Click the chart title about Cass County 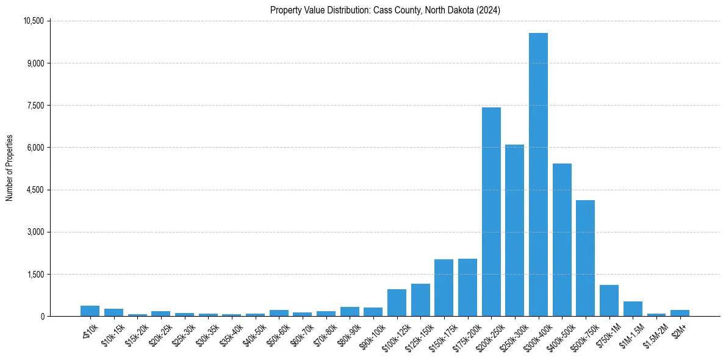(x=385, y=10)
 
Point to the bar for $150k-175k (x=444, y=287)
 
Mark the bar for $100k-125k (x=397, y=303)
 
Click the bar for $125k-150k (x=420, y=300)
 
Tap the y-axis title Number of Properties (x=10, y=168)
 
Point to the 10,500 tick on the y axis (x=33, y=21)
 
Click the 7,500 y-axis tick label (x=35, y=106)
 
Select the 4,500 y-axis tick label (x=35, y=190)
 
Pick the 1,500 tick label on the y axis (x=35, y=274)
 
